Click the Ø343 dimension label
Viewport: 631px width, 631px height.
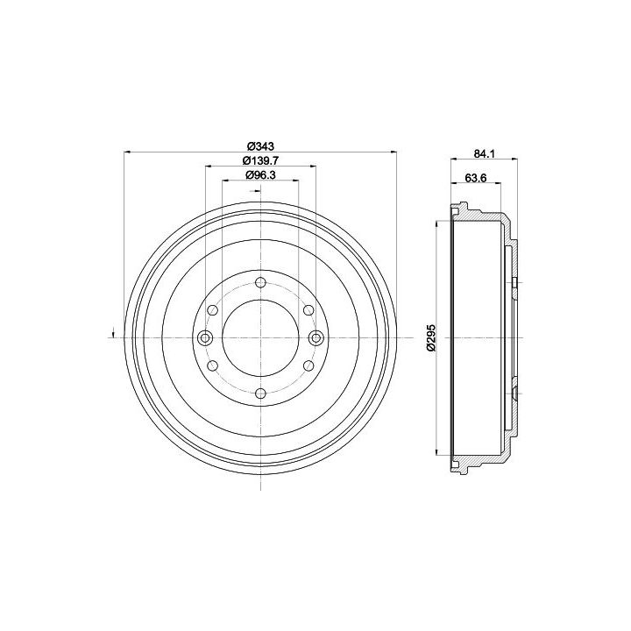[x=260, y=146]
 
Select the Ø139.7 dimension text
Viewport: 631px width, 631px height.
[x=260, y=160]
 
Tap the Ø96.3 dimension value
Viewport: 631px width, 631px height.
[x=260, y=174]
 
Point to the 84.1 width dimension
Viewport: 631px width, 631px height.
[x=484, y=153]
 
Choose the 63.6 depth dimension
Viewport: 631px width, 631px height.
[x=476, y=177]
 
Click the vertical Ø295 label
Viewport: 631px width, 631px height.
[x=431, y=337]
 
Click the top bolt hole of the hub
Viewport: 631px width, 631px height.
[x=261, y=282]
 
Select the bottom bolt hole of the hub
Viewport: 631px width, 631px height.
[x=261, y=393]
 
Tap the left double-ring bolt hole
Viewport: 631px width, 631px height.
[x=205, y=337]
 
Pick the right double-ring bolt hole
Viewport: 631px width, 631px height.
[x=315, y=337]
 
